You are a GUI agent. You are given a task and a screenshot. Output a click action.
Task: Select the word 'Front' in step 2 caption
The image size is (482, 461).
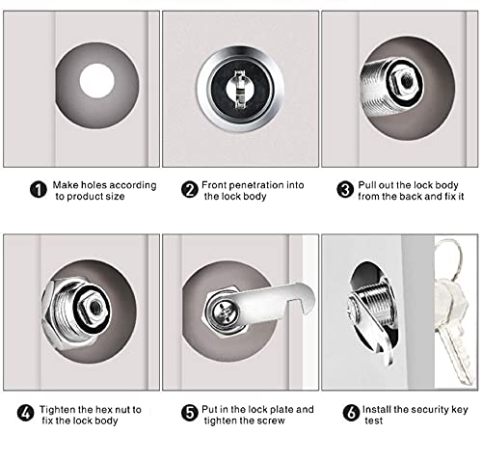click(x=220, y=183)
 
